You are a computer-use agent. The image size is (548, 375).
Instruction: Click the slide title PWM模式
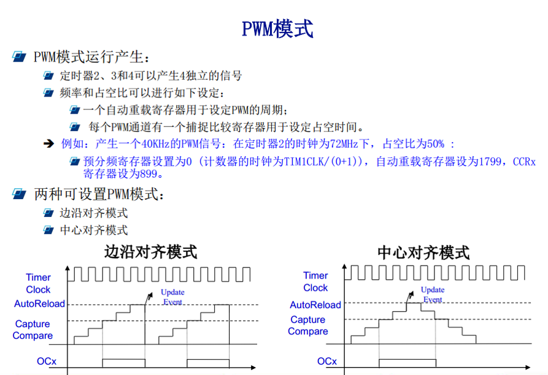pos(277,29)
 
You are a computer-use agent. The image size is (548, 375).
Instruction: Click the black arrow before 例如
pos(49,143)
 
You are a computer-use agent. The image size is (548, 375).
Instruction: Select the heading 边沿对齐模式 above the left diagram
pos(150,252)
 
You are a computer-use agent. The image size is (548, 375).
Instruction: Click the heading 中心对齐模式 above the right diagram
pos(423,253)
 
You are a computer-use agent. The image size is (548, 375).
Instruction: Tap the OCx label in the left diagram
pos(47,361)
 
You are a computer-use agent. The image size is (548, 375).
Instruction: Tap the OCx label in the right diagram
pos(326,361)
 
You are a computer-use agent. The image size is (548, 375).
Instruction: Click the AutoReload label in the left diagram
pos(39,304)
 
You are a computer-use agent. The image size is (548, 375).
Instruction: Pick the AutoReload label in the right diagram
pos(315,305)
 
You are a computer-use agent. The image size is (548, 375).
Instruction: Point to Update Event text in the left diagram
pos(172,297)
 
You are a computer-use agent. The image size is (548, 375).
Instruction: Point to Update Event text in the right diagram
pos(433,294)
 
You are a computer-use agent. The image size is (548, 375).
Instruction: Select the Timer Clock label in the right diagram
pos(315,282)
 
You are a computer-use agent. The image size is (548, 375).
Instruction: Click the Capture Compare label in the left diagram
pos(33,330)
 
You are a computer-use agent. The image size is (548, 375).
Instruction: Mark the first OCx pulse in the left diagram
pos(124,359)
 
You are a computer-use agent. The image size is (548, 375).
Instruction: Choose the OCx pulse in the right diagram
pos(407,359)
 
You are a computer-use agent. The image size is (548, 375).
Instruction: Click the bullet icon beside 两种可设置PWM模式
pos(19,194)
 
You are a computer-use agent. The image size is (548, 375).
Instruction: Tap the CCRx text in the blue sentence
pos(524,162)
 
